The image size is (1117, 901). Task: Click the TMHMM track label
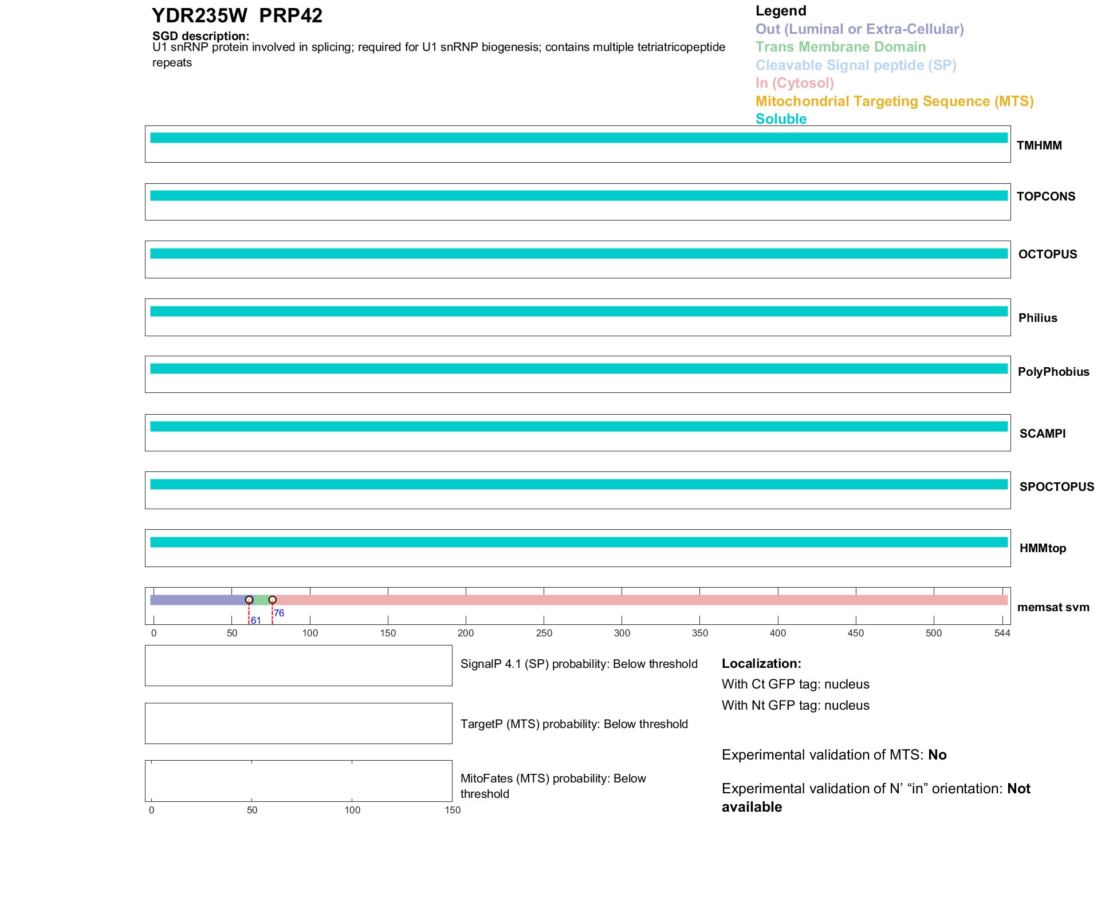(x=1039, y=145)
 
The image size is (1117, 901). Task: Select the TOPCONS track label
(x=1045, y=196)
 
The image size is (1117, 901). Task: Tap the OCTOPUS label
(x=1047, y=254)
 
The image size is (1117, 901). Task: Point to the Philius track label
(x=1037, y=318)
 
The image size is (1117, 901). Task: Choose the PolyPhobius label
(x=1053, y=372)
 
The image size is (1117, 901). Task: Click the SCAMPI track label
(x=1042, y=434)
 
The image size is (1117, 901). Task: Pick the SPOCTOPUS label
(x=1056, y=487)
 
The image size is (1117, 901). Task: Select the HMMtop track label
(x=1043, y=548)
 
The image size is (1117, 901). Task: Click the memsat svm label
(x=1053, y=607)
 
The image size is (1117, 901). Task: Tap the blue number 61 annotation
(x=256, y=620)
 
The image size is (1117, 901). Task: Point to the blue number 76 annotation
(x=279, y=613)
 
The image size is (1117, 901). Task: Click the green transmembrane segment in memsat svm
(x=261, y=600)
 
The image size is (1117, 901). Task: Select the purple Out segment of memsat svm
(x=198, y=600)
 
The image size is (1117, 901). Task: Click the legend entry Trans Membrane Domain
(x=840, y=47)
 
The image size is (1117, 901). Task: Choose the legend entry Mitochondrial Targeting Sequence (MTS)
(x=894, y=101)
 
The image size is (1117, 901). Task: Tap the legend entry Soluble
(x=781, y=119)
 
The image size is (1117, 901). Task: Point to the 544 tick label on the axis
(x=1002, y=633)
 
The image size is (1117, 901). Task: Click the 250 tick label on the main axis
(x=544, y=633)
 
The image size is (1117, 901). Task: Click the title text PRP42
(x=290, y=15)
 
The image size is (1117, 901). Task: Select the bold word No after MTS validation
(x=937, y=755)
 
